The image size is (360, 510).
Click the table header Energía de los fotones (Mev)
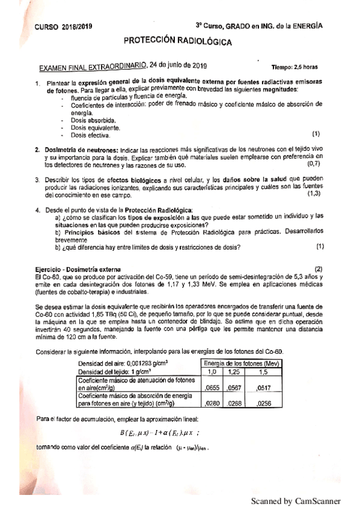(x=242, y=363)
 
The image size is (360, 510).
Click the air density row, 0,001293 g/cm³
(x=122, y=363)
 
